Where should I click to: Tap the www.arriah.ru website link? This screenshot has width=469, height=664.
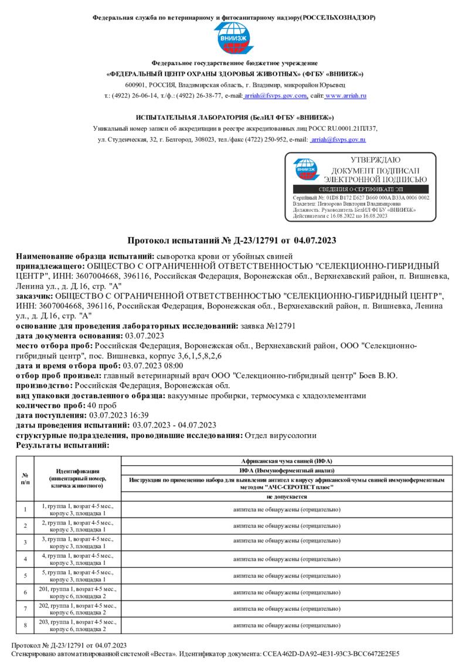pos(346,95)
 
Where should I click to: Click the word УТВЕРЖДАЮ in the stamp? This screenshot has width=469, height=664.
pos(376,160)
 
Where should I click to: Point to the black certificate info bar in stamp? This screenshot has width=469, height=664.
pos(361,189)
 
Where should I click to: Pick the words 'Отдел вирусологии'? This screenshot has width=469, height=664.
pos(280,435)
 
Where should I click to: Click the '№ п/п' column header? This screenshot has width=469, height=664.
pos(25,478)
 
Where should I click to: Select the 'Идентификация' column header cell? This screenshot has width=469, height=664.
pos(77,478)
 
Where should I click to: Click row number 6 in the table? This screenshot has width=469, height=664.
pos(25,592)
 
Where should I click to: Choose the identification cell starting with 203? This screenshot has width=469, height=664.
pos(77,625)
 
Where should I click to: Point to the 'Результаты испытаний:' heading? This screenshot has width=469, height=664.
pos(63,445)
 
